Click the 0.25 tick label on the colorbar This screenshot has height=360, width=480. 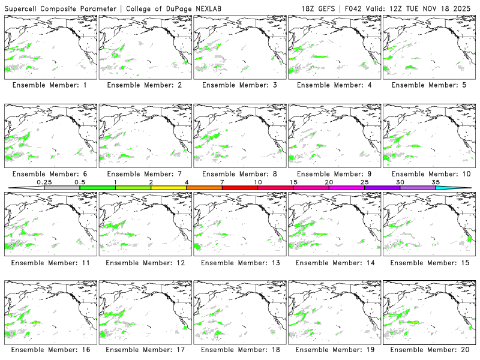[44, 182]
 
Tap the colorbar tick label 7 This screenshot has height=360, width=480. [222, 182]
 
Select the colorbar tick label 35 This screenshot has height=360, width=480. [436, 182]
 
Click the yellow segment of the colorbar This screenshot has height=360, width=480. [169, 188]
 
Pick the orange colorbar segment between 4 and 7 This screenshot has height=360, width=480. [204, 188]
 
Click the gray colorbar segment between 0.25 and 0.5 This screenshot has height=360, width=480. [62, 188]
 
